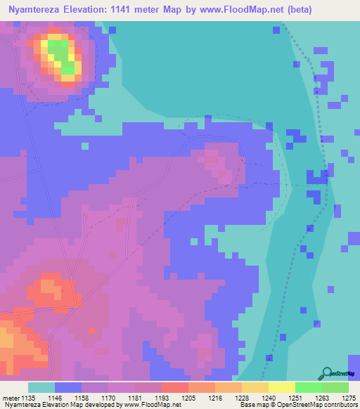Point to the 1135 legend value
tap(27, 398)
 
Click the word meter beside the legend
tap(10, 398)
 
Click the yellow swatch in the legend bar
tap(281, 387)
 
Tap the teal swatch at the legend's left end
tap(41, 387)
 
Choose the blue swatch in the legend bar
tap(68, 387)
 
